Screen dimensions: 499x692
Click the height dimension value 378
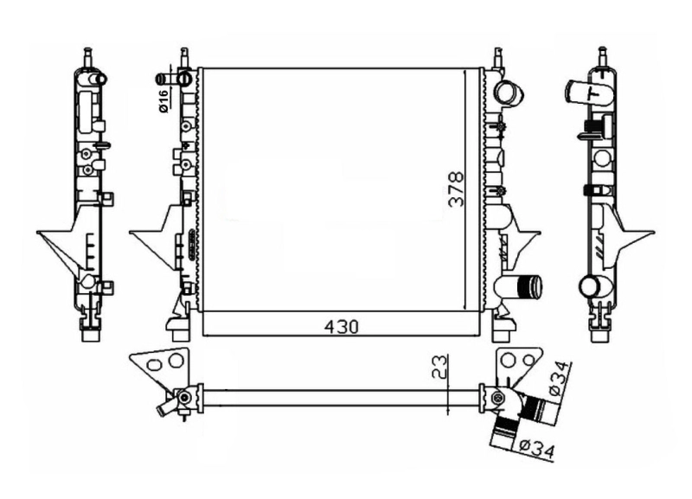(457, 189)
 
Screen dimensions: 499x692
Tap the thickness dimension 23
(439, 368)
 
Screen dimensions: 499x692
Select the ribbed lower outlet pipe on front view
(522, 287)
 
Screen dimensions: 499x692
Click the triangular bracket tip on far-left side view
(41, 234)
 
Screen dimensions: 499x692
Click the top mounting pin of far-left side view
(87, 55)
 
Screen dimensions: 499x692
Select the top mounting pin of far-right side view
(602, 55)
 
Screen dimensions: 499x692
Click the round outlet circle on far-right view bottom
(590, 286)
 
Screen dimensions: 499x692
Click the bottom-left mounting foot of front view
(177, 328)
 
